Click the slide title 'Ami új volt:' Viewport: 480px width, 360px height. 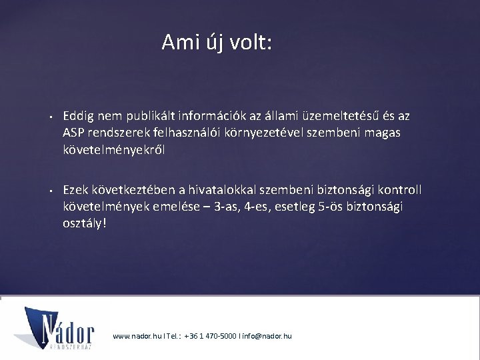pyautogui.click(x=217, y=43)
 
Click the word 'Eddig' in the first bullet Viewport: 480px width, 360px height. pyautogui.click(x=78, y=116)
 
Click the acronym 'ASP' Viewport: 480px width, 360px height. pyautogui.click(x=74, y=133)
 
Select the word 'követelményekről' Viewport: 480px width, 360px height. pyautogui.click(x=114, y=149)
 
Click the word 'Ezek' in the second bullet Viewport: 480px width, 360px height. pyautogui.click(x=76, y=190)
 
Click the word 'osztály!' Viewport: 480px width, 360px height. pyautogui.click(x=85, y=223)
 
